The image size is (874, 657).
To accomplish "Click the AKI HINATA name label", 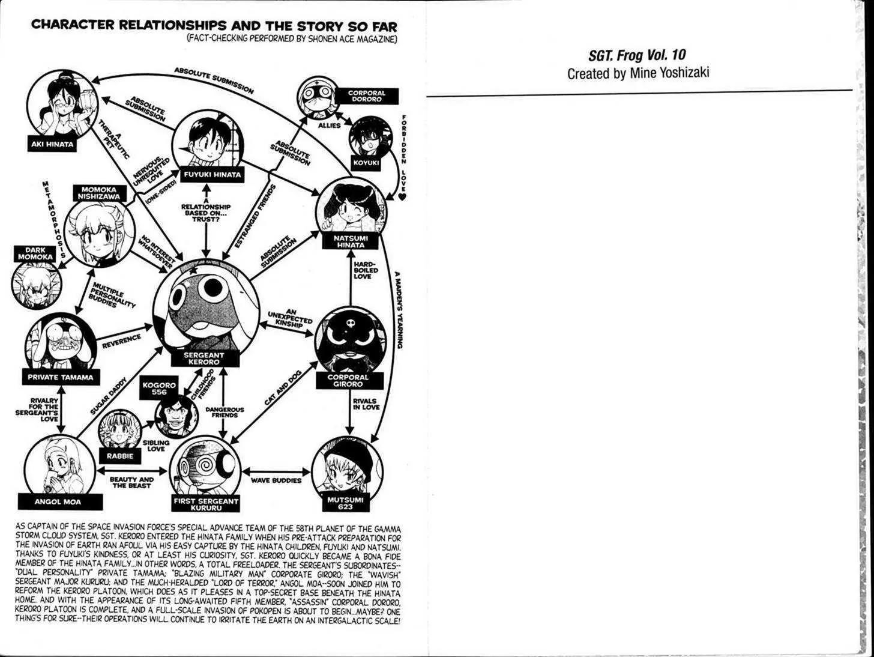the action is coord(53,145).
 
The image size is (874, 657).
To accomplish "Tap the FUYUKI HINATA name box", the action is coord(212,174).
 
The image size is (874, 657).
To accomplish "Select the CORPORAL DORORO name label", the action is coord(366,96).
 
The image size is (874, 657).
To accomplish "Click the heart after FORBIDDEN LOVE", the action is coord(402,196).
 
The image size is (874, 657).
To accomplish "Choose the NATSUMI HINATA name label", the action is coord(351,241).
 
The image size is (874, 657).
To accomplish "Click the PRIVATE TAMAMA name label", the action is coord(60,377).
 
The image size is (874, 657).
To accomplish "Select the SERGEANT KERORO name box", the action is coord(205,359).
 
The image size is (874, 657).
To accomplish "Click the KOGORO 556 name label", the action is coord(159,389).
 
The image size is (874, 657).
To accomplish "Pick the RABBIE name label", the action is coord(120,456).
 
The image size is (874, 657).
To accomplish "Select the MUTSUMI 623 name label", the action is coord(345,503).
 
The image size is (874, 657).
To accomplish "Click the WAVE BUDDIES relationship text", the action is coord(276,480).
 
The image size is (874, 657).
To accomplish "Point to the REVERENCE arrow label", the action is coord(122,341).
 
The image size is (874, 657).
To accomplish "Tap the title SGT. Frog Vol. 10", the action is coord(637,55).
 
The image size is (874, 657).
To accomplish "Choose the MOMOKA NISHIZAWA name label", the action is coord(100,193).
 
